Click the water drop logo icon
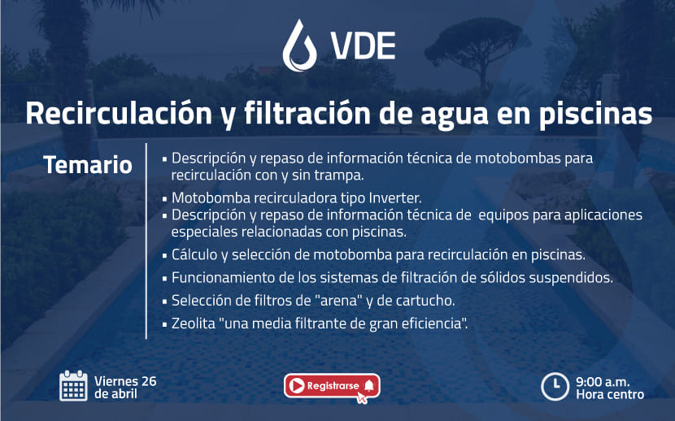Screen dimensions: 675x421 pos(300,46)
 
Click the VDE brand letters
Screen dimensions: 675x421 pos(363,46)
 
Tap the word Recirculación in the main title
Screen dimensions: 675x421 pos(119,114)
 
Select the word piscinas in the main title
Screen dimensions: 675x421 pos(595,114)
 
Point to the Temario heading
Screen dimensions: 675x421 pos(88,165)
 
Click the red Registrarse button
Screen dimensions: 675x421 pos(332,386)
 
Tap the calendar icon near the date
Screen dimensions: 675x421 pos(73,386)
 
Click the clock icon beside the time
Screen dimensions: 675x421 pos(555,387)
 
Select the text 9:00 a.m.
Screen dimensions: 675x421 pos(603,381)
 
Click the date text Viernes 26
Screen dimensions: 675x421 pos(125,381)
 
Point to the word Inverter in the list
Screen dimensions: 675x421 pos(394,197)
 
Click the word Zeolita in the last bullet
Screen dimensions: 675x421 pos(194,323)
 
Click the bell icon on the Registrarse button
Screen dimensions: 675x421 pos(369,385)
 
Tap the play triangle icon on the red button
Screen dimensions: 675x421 pos(297,385)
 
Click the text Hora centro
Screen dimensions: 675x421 pos(610,394)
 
